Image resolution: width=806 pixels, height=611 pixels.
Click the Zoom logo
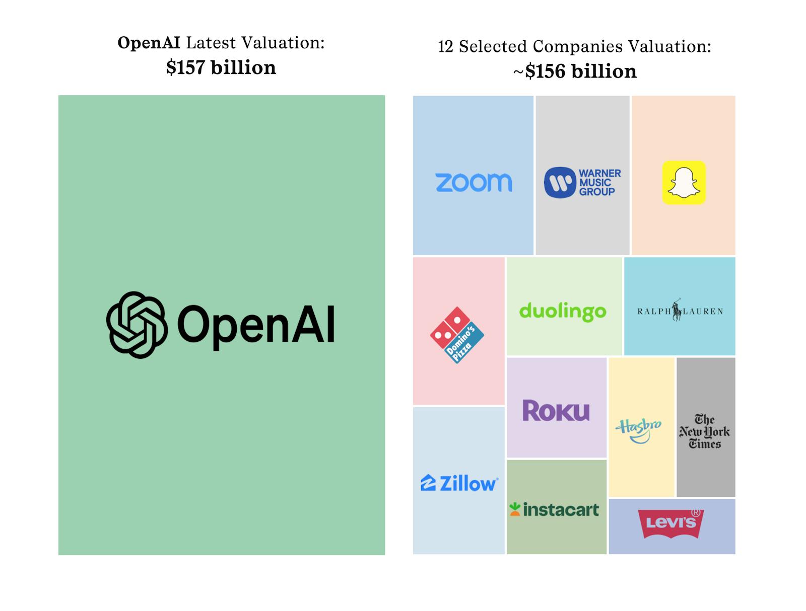pos(474,183)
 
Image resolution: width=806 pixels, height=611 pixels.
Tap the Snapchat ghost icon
pos(684,183)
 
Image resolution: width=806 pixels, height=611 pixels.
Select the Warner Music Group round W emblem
pos(560,183)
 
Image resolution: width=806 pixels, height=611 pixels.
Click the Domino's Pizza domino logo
pos(457,335)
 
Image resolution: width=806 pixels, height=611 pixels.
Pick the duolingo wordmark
pos(563,312)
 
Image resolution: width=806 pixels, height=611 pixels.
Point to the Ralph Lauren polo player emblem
pos(677,310)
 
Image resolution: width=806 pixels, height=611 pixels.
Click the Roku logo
pos(556,411)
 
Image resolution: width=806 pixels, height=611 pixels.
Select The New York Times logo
pos(705,431)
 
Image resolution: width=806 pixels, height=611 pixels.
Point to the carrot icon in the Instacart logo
pos(514,509)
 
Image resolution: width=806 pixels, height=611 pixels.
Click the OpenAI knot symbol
pos(137,325)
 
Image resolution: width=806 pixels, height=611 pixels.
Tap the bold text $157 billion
pos(221,67)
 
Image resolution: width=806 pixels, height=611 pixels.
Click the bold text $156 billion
pos(580,71)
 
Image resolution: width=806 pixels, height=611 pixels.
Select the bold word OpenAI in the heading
pos(149,43)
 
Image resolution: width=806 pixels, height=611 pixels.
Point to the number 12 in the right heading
pos(445,47)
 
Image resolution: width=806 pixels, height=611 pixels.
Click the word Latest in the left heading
pos(211,43)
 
